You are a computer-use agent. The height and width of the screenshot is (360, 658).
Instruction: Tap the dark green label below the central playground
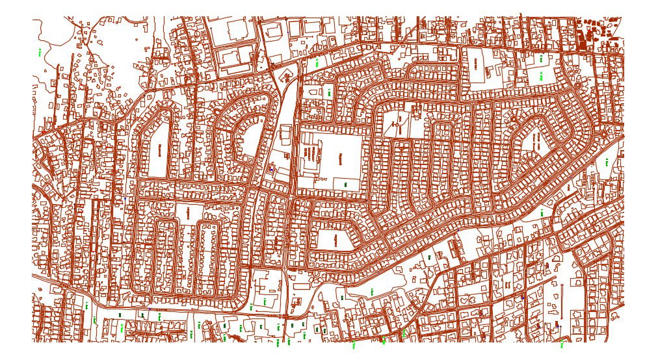[345, 185]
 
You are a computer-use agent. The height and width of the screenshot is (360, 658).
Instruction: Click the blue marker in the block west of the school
[271, 169]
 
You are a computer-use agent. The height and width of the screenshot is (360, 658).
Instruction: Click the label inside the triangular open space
[336, 240]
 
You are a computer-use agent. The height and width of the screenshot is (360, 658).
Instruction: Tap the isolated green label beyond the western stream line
[40, 51]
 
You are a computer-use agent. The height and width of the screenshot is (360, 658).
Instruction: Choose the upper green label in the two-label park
[540, 59]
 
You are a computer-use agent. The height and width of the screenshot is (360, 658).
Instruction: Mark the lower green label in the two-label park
[540, 77]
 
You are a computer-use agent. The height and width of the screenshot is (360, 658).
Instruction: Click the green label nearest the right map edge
[607, 163]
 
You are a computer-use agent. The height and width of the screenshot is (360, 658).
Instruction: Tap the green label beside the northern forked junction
[317, 64]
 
